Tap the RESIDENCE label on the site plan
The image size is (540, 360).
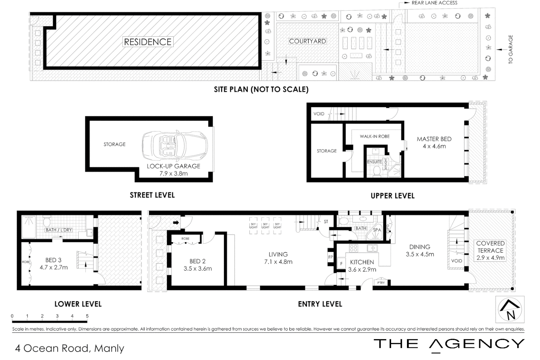tap(148, 42)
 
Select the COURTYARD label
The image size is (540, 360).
tap(307, 41)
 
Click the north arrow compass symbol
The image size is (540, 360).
tap(509, 309)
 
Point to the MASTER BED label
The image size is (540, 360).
tap(434, 139)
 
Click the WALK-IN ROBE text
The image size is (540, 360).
tap(375, 136)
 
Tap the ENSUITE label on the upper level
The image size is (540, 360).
tap(374, 162)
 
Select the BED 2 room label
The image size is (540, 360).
tap(197, 261)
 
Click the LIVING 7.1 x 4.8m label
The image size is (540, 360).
tap(278, 258)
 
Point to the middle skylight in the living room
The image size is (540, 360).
tap(265, 226)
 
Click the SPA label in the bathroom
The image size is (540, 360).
tap(377, 230)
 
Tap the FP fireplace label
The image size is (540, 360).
tap(331, 257)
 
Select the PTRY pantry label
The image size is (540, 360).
tap(381, 283)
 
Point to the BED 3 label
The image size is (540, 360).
tap(53, 260)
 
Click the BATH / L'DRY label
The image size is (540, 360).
tap(59, 230)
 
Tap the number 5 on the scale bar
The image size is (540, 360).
tap(87, 316)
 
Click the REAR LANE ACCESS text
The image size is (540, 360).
tap(434, 3)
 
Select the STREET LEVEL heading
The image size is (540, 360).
tap(152, 195)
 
